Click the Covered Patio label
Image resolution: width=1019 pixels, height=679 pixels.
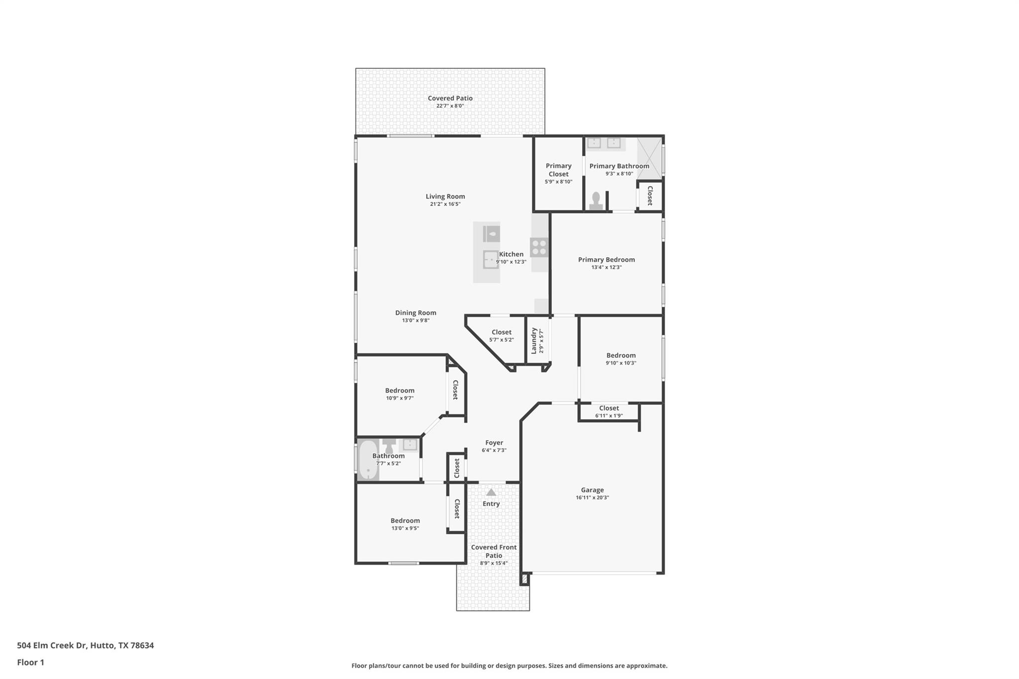pyautogui.click(x=450, y=98)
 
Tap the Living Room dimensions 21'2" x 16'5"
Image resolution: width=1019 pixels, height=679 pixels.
pyautogui.click(x=445, y=204)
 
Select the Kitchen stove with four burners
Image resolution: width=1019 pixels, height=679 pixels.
pyautogui.click(x=539, y=247)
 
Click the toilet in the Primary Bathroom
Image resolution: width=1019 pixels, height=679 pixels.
pyautogui.click(x=596, y=201)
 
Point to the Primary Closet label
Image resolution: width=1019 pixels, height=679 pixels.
pyautogui.click(x=558, y=170)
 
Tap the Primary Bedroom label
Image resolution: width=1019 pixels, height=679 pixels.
pyautogui.click(x=606, y=260)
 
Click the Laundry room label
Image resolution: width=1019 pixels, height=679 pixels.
pyautogui.click(x=534, y=341)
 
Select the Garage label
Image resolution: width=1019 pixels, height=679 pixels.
pyautogui.click(x=592, y=490)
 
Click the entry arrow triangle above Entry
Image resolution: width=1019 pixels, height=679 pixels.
pyautogui.click(x=491, y=492)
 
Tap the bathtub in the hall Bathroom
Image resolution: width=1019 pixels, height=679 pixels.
pyautogui.click(x=367, y=460)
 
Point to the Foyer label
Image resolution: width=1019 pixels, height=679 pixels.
pyautogui.click(x=494, y=443)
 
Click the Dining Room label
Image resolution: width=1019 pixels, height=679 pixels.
pyautogui.click(x=415, y=313)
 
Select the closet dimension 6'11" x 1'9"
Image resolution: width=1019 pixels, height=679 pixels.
pyautogui.click(x=609, y=416)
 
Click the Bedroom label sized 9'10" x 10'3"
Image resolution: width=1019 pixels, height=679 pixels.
pyautogui.click(x=620, y=355)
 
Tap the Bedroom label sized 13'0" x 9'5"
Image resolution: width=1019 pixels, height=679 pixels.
pyautogui.click(x=405, y=521)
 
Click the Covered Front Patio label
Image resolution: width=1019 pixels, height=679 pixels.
pyautogui.click(x=494, y=551)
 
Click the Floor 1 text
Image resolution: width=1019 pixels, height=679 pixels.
pyautogui.click(x=30, y=662)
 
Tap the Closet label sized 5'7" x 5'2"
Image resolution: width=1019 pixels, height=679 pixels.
pyautogui.click(x=501, y=332)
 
